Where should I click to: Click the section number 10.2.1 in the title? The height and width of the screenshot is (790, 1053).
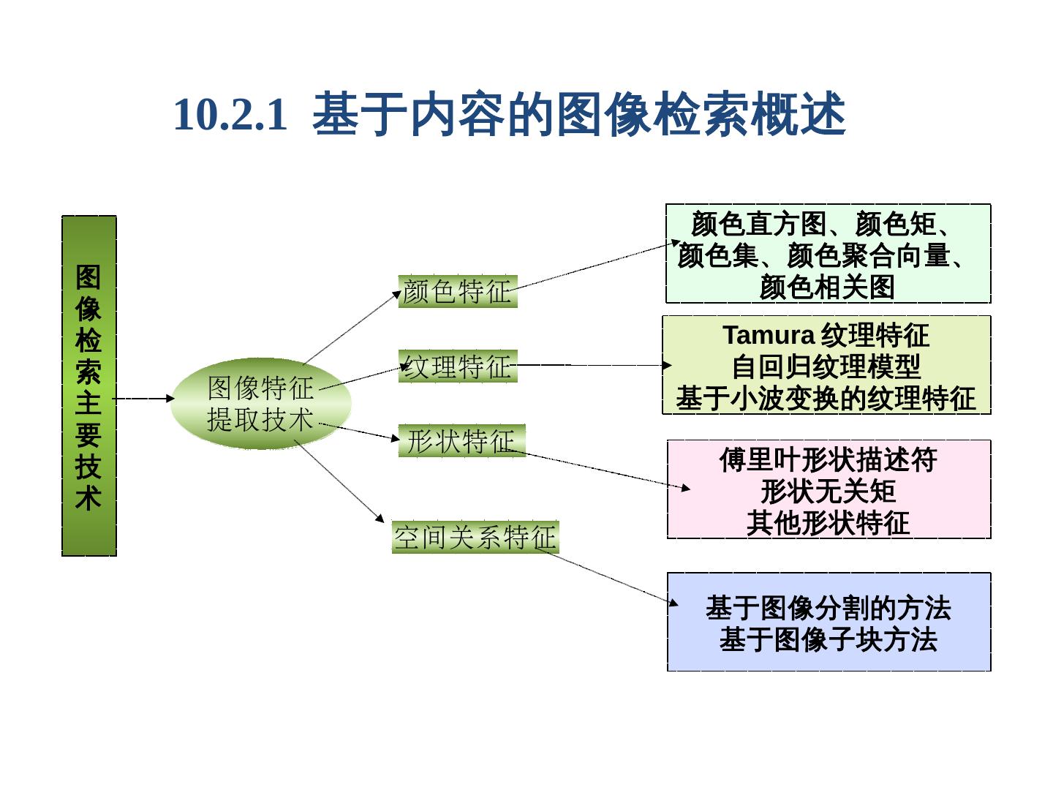[229, 116]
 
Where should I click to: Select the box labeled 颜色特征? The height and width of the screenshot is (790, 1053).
[458, 292]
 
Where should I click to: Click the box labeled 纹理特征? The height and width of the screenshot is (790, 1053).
[458, 366]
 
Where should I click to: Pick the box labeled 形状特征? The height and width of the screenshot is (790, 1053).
[461, 441]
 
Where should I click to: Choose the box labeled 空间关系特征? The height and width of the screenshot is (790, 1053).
[475, 538]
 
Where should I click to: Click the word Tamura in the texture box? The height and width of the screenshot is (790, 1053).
[769, 336]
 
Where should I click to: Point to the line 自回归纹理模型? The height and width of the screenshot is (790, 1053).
[826, 367]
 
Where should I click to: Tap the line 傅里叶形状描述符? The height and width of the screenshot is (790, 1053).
[828, 460]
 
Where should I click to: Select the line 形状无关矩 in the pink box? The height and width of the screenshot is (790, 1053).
[828, 492]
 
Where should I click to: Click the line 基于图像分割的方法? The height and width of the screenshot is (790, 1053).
[828, 608]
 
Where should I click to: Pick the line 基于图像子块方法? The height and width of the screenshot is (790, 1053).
[828, 640]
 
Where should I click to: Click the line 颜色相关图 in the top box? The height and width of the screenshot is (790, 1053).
[828, 287]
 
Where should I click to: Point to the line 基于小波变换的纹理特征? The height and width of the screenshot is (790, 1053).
[826, 399]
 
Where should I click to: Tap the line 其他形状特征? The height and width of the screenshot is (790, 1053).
[828, 524]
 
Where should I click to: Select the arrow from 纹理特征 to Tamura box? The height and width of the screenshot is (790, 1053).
[592, 365]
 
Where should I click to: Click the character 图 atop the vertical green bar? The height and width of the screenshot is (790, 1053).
[88, 277]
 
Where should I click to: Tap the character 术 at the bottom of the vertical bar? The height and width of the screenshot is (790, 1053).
[88, 500]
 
